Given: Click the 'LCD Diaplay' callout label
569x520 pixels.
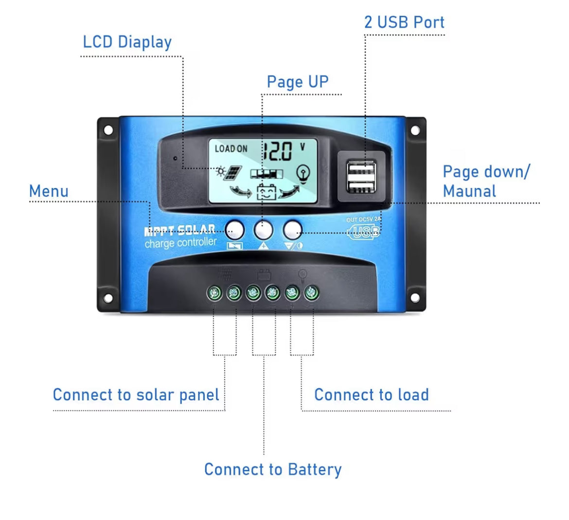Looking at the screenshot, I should (127, 42).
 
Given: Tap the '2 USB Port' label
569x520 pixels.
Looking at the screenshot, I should (404, 22).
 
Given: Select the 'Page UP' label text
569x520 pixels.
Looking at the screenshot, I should (298, 82).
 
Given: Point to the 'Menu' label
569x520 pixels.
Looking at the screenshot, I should (49, 191).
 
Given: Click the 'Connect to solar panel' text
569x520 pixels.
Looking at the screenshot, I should (136, 394).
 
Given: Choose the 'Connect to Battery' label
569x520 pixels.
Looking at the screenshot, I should (273, 469).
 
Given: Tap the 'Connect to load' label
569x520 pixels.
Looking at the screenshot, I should (372, 394).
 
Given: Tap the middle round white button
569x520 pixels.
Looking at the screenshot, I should (264, 229).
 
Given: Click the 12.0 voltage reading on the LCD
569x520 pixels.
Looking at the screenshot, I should (278, 151).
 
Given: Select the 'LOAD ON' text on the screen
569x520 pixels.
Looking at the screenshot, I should (231, 149).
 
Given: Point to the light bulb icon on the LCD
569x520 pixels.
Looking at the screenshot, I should (303, 173).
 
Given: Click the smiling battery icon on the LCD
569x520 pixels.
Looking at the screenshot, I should (266, 192).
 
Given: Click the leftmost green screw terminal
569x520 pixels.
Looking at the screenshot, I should (214, 293).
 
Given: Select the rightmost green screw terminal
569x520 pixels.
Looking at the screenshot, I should (311, 293).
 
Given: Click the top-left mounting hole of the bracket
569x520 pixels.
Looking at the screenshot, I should (108, 130).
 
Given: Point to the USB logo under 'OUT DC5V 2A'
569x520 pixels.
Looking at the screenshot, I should (364, 232).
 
